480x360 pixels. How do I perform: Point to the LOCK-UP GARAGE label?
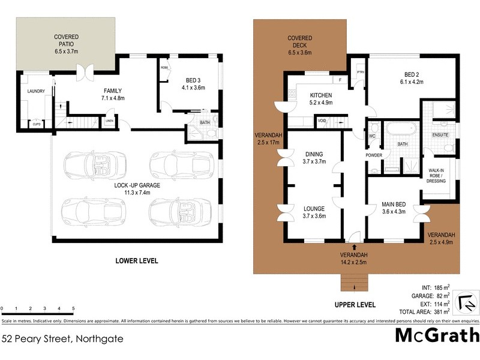tap(137, 189)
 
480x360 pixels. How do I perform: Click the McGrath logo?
tap(437, 335)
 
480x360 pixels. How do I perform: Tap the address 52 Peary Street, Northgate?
tap(62, 339)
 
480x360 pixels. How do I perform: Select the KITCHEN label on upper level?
tap(321, 98)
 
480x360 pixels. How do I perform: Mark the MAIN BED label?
tap(394, 207)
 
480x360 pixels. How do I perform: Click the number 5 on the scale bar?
tap(73, 308)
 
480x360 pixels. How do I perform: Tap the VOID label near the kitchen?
tap(322, 121)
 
